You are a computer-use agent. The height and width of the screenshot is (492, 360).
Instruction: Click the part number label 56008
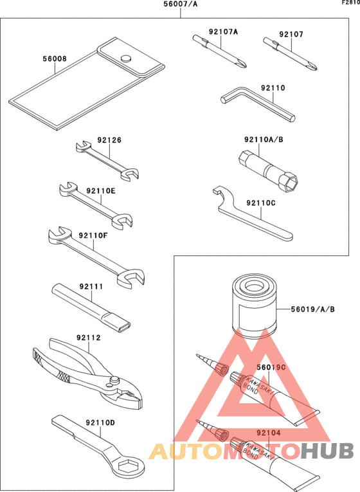[55, 59]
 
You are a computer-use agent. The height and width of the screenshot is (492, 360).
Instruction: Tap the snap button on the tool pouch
[127, 58]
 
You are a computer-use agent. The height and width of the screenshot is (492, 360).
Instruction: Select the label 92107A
[223, 32]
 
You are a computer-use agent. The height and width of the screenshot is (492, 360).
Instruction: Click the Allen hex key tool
[257, 104]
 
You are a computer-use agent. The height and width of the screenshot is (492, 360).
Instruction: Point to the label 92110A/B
[264, 140]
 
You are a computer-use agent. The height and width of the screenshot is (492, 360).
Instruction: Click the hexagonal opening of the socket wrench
[291, 182]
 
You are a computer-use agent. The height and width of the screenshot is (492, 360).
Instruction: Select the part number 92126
[109, 140]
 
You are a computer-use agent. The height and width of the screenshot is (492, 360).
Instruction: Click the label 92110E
[101, 190]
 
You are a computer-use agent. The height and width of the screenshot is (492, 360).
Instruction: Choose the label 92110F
[93, 235]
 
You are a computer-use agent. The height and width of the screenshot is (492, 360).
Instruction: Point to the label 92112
[89, 338]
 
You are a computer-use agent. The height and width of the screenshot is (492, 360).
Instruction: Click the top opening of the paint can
[254, 286]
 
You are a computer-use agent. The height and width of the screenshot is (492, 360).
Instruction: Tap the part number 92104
[269, 433]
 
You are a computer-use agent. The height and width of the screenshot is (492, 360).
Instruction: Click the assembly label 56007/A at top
[180, 4]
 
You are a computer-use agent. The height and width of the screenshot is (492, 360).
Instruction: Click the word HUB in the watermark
[327, 451]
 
